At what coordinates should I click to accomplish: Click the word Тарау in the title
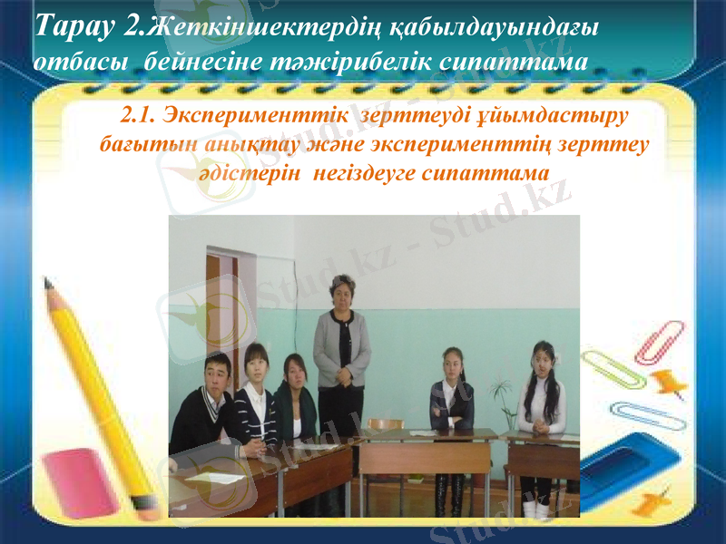[x=75, y=27]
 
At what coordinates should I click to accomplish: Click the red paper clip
[x=661, y=340]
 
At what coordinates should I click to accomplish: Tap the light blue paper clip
[x=641, y=412]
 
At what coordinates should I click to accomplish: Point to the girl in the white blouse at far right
[x=543, y=399]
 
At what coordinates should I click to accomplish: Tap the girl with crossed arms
[x=451, y=399]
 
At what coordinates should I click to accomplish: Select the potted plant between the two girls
[x=499, y=399]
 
